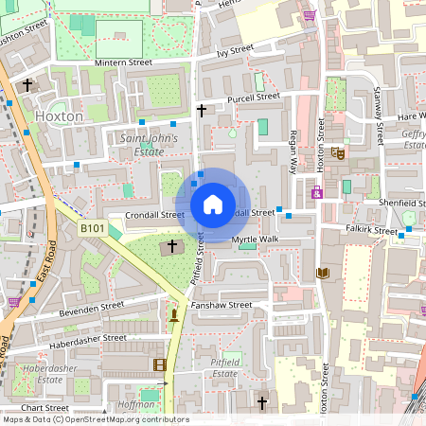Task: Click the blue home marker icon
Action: pyautogui.click(x=213, y=204)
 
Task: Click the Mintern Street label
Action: pyautogui.click(x=123, y=62)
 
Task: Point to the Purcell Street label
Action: pyautogui.click(x=253, y=97)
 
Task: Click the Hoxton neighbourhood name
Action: pyautogui.click(x=59, y=115)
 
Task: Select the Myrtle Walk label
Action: pyautogui.click(x=256, y=240)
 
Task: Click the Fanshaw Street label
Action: pyautogui.click(x=222, y=305)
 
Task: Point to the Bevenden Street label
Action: pyautogui.click(x=93, y=311)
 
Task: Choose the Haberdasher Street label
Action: pyautogui.click(x=88, y=337)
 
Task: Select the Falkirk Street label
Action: pyautogui.click(x=372, y=230)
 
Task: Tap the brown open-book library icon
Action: pyautogui.click(x=323, y=274)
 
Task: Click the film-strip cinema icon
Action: pyautogui.click(x=158, y=364)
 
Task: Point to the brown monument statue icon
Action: pyautogui.click(x=174, y=312)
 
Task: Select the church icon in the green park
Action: pyautogui.click(x=172, y=247)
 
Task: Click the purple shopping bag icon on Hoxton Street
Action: pyautogui.click(x=316, y=193)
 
